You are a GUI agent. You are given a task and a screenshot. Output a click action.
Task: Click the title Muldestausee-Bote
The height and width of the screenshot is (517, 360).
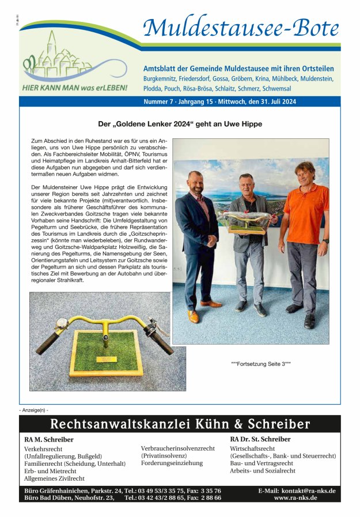coord(241,28)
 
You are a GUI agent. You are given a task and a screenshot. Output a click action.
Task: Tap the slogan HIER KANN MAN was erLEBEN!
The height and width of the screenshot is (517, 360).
coord(74,88)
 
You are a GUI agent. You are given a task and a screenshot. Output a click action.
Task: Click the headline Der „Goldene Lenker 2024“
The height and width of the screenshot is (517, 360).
coord(180,124)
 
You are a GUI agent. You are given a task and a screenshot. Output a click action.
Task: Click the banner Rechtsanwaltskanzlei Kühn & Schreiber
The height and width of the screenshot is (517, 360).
coord(180,424)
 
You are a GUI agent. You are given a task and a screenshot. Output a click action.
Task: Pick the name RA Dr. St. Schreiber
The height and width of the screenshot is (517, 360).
coord(260,439)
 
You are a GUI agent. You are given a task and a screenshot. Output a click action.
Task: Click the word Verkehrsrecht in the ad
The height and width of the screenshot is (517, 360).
coord(44,448)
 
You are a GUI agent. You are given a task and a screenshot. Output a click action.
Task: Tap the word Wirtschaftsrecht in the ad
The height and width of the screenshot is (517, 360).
coord(252,448)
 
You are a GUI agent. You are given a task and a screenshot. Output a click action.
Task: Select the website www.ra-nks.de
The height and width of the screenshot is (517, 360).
coord(295,497)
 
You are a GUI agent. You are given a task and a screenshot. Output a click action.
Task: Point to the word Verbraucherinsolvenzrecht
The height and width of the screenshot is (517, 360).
coord(177,448)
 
